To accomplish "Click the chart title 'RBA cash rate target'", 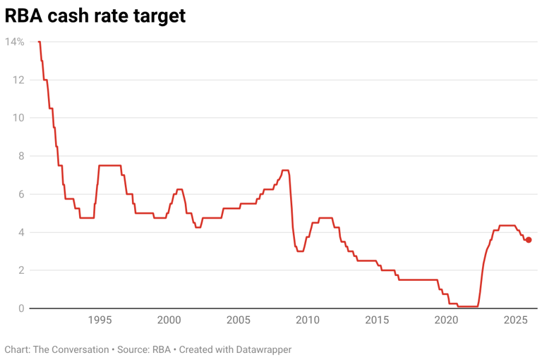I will coord(95,15).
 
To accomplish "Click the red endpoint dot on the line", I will coord(529,240).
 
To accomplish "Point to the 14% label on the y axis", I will coord(15,42).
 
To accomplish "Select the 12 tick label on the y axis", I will coord(18,80).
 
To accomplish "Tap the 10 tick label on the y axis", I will coord(18,118).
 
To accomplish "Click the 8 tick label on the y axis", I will coord(20,156).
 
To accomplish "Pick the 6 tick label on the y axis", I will coord(20,194).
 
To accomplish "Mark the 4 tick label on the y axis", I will coord(20,232).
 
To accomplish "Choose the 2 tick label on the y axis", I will coord(20,270).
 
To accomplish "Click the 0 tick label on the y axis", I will coord(20,308).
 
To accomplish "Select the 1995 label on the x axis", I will coord(100,320).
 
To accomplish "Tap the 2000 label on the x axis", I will coord(169,320).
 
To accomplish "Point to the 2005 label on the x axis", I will coord(238,320).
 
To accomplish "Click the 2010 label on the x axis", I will coord(307,320).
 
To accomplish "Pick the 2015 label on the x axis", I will coord(377,320).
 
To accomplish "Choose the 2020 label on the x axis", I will coord(446,320).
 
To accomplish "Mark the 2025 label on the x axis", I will coord(515,320).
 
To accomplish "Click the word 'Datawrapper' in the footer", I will coord(260,349).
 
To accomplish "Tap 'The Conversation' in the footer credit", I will coord(70,349).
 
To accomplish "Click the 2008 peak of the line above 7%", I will coord(285,170).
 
